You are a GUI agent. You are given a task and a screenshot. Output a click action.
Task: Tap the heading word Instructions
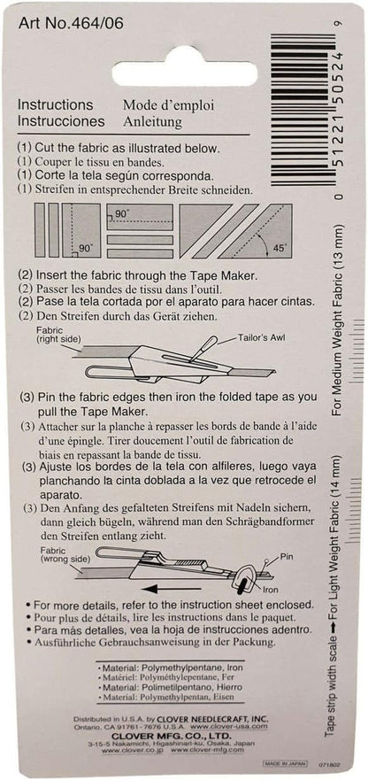pos(55,104)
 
